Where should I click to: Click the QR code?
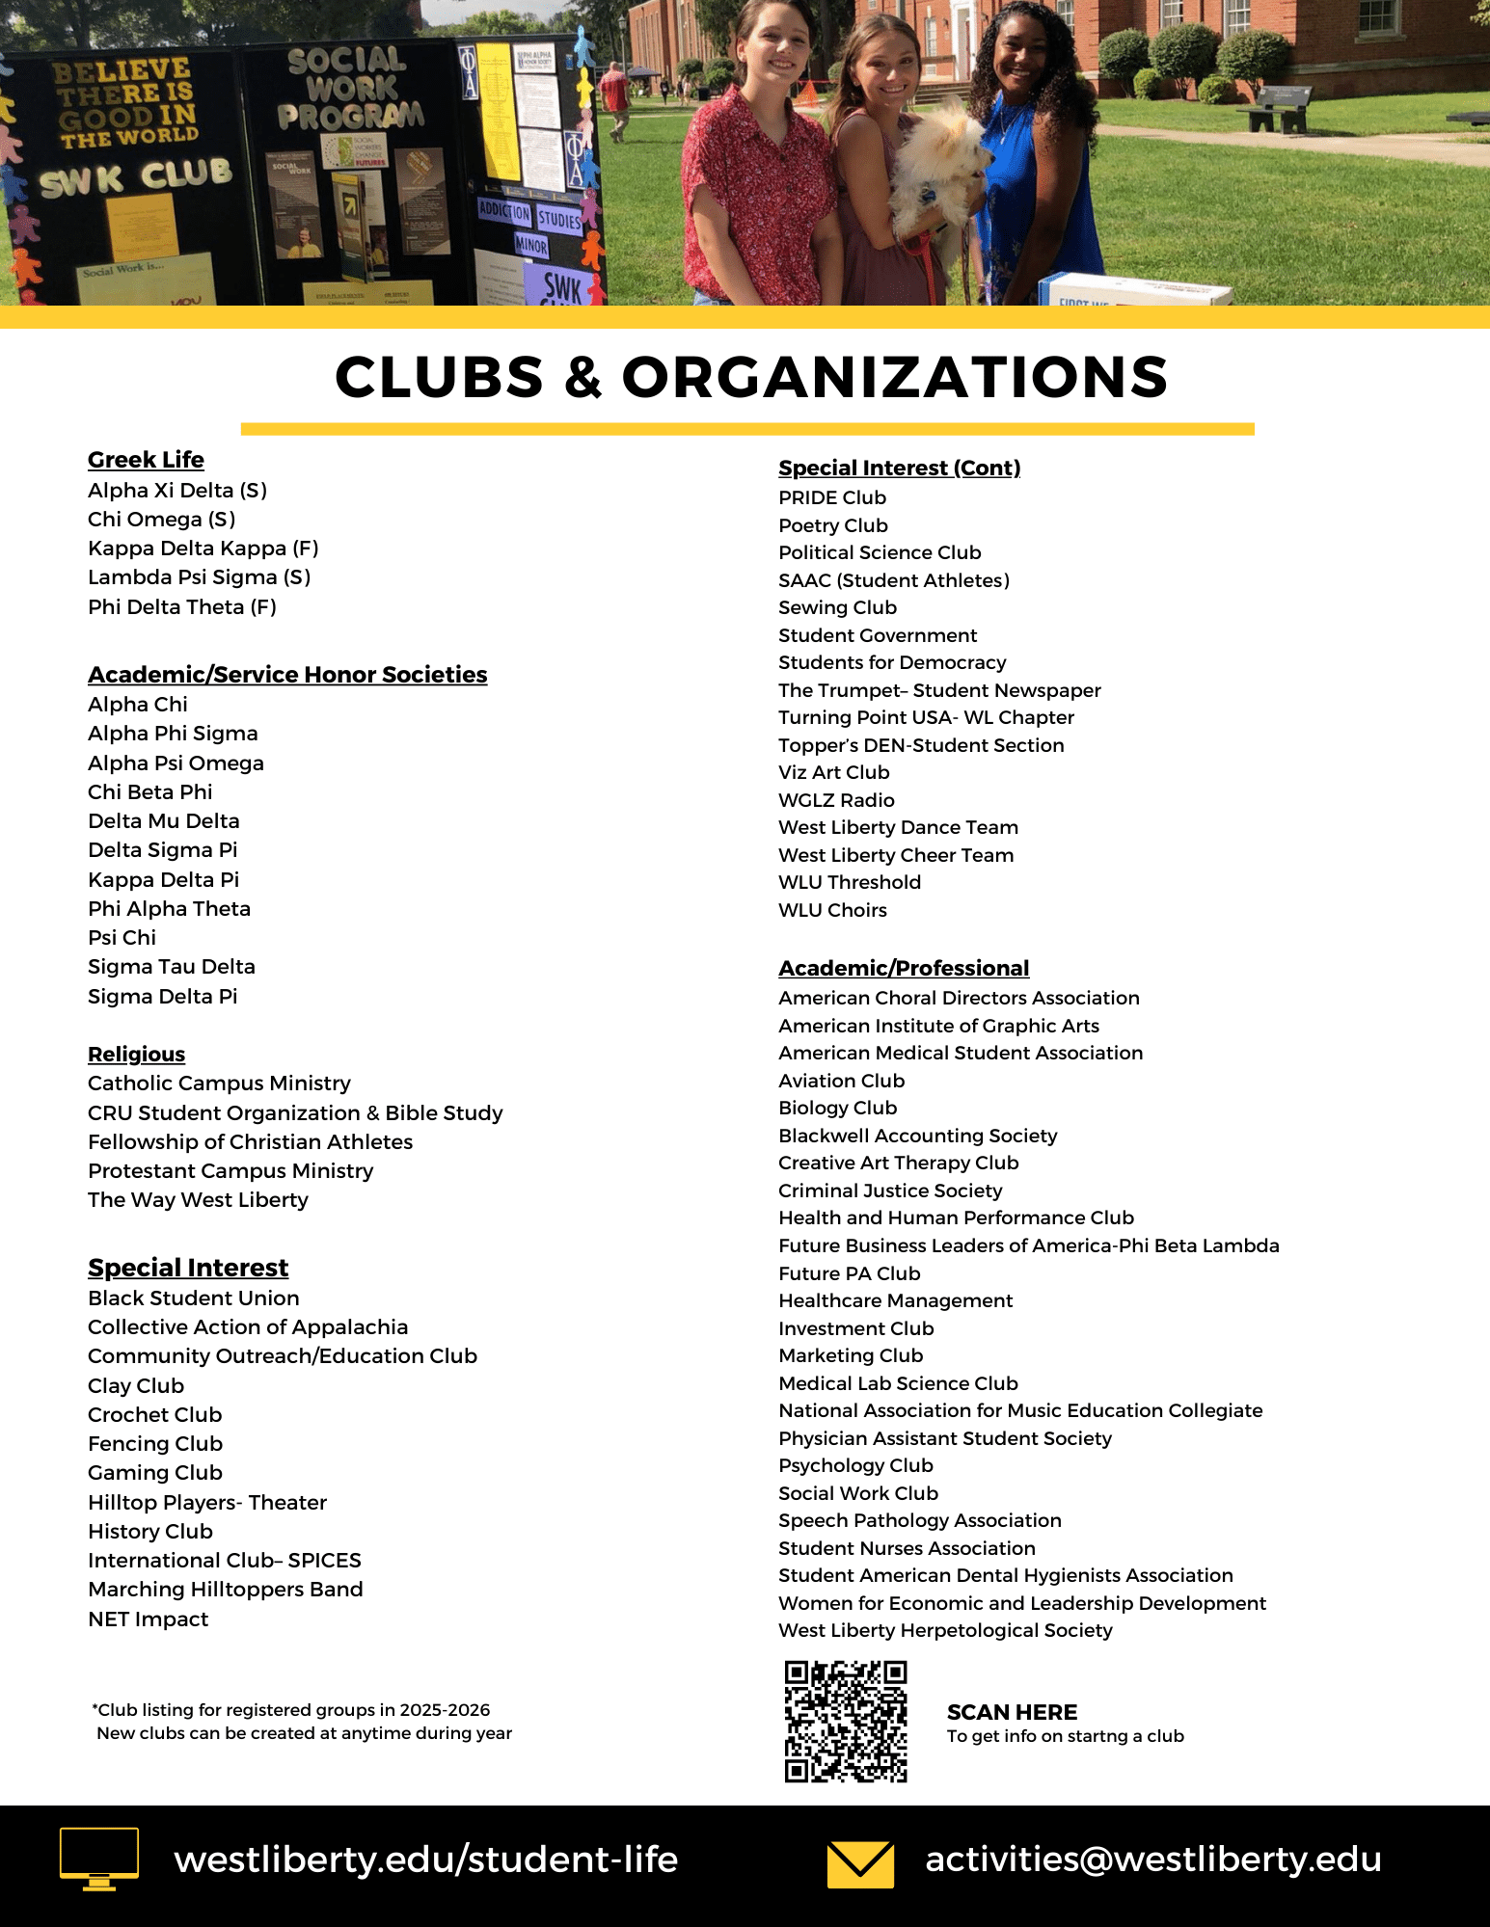click(846, 1721)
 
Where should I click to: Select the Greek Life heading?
click(146, 460)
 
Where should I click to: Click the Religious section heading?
click(136, 1054)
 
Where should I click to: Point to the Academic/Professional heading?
click(904, 968)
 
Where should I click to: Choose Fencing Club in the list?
click(155, 1443)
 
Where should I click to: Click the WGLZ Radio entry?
click(836, 800)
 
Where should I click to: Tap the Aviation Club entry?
click(841, 1081)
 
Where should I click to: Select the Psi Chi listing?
click(122, 937)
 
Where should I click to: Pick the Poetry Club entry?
click(833, 525)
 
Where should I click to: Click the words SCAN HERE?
click(1012, 1712)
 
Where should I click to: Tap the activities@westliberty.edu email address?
click(1153, 1859)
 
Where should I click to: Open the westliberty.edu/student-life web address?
click(425, 1859)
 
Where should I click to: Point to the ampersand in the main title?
click(583, 377)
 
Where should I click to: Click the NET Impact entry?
click(148, 1619)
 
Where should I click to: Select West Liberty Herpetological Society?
click(945, 1630)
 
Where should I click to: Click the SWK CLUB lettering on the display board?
click(135, 176)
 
